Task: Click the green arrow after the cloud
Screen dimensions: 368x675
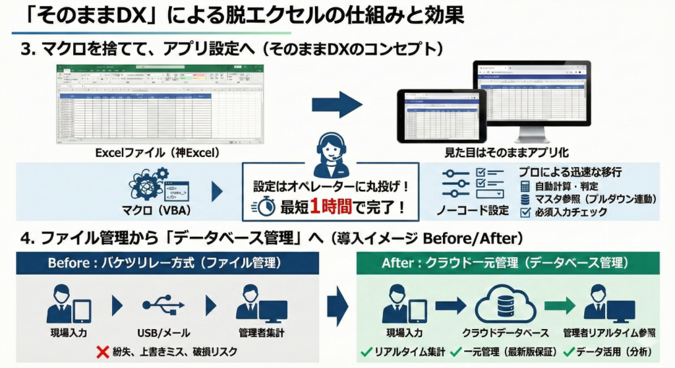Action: click(559, 305)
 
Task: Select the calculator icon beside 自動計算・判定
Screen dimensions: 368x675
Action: click(525, 187)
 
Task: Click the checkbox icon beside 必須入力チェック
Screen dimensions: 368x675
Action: click(525, 212)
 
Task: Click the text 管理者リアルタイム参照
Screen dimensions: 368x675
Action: click(609, 333)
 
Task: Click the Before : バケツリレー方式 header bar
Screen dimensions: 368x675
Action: click(166, 263)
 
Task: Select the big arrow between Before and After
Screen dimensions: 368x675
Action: click(338, 305)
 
